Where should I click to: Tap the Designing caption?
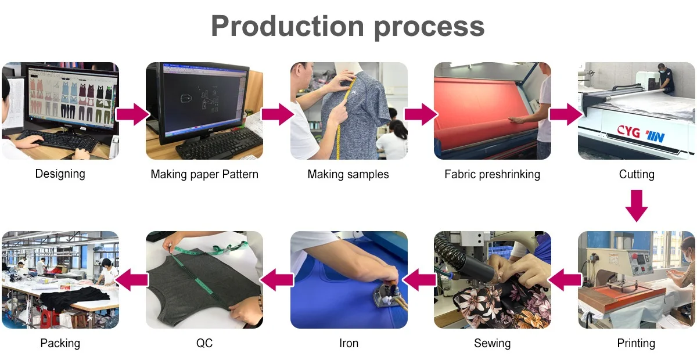pyautogui.click(x=60, y=174)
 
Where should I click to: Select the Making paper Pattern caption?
pyautogui.click(x=204, y=174)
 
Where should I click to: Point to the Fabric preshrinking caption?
pyautogui.click(x=492, y=174)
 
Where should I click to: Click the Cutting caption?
pyautogui.click(x=637, y=174)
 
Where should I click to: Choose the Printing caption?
pyautogui.click(x=636, y=343)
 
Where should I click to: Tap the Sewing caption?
pyautogui.click(x=492, y=343)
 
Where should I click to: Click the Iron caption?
pyautogui.click(x=348, y=343)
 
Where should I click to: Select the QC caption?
pyautogui.click(x=204, y=343)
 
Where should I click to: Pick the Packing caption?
pyautogui.click(x=60, y=343)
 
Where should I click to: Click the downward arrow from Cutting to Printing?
pyautogui.click(x=637, y=206)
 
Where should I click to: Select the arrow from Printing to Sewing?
pyautogui.click(x=565, y=281)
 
